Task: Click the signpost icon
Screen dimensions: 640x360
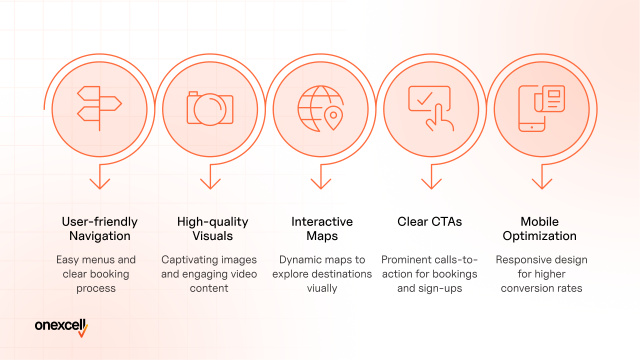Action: [x=99, y=108]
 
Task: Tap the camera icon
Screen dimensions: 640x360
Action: [x=210, y=108]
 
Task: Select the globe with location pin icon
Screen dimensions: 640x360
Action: [x=320, y=108]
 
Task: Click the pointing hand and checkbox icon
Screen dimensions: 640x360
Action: [x=431, y=108]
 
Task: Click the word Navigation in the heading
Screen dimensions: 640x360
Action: [x=99, y=236]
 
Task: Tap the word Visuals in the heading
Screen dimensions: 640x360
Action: [x=212, y=236]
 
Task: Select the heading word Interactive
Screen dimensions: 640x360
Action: [x=322, y=221]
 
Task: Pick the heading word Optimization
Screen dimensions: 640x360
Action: [x=539, y=236]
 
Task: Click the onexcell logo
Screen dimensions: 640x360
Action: [x=61, y=327]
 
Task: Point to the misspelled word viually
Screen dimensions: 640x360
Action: [x=322, y=288]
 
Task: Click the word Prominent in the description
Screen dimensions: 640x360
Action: [x=403, y=259]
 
